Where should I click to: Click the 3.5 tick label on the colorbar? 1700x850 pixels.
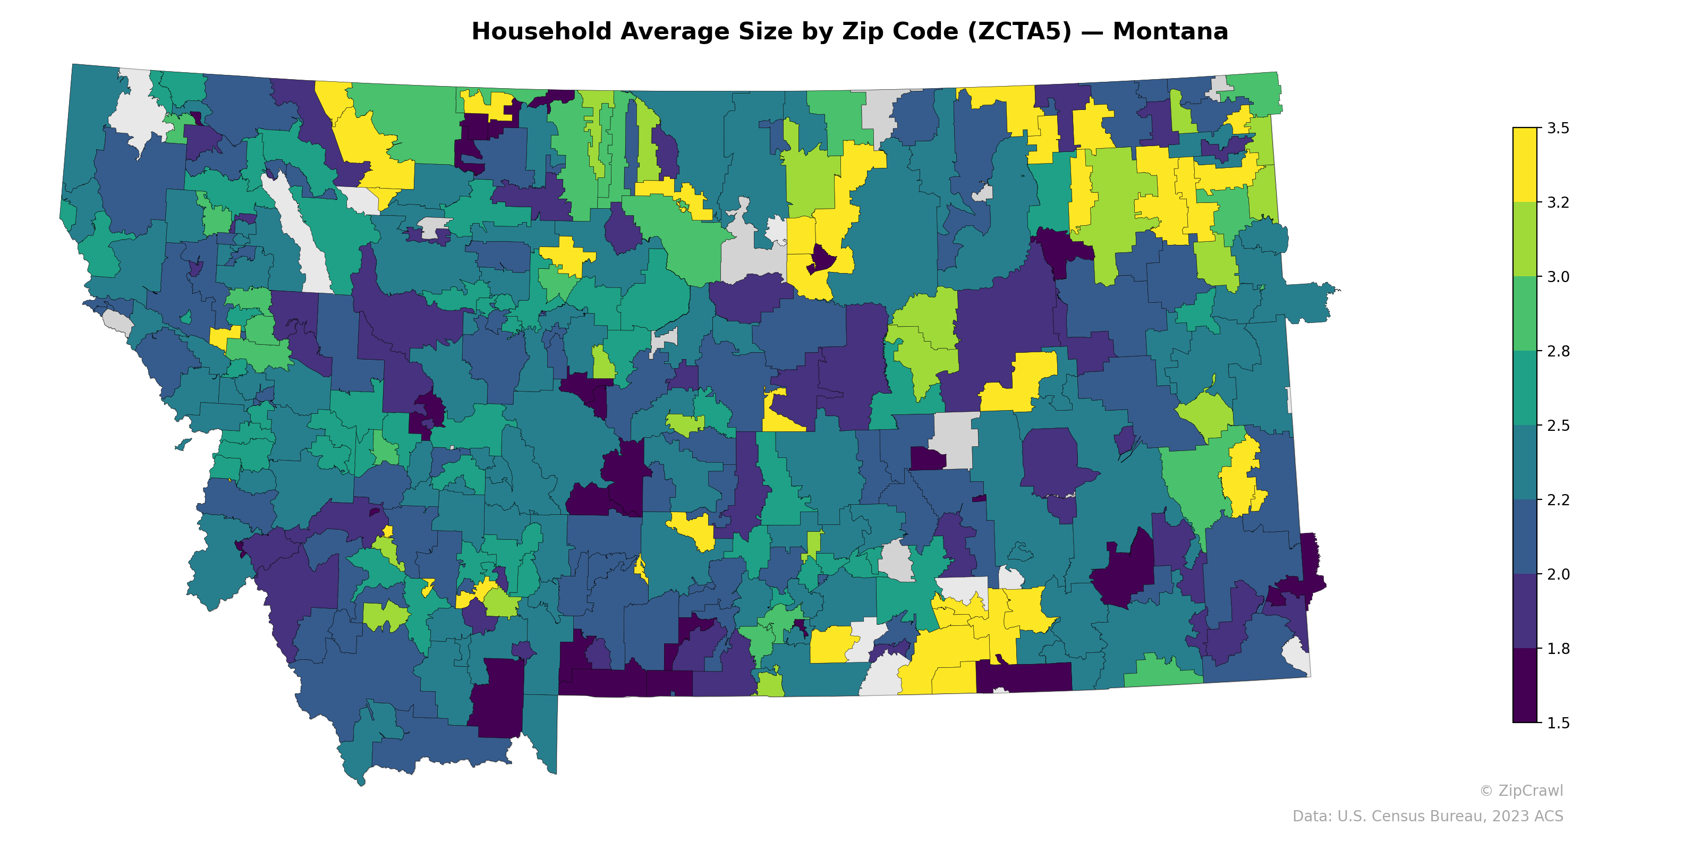tap(1558, 128)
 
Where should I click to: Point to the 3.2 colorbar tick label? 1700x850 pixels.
tap(1558, 202)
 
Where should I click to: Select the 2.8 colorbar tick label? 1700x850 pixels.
tap(1558, 351)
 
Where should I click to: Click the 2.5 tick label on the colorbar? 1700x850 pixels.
tap(1558, 426)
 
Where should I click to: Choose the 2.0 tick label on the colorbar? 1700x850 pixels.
tap(1558, 574)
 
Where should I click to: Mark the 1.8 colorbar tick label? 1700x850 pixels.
tap(1558, 649)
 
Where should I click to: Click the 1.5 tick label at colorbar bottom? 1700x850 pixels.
tap(1558, 723)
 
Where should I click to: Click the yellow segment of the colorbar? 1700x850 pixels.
tap(1525, 165)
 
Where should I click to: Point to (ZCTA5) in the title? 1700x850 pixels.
tap(1019, 32)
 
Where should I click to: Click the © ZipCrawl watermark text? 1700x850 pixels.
tap(1521, 790)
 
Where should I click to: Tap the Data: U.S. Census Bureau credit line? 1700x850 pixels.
tap(1427, 817)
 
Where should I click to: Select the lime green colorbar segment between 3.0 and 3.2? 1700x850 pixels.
tap(1525, 240)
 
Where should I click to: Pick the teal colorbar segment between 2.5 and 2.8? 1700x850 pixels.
tap(1525, 388)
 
